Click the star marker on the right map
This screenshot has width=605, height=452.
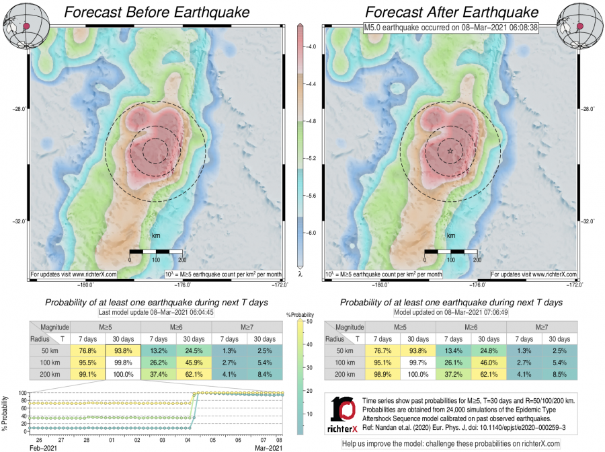pyautogui.click(x=450, y=151)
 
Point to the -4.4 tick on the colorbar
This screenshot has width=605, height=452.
pyautogui.click(x=311, y=84)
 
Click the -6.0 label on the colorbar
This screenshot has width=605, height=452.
pyautogui.click(x=311, y=232)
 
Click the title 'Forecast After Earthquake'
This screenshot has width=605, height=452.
pyautogui.click(x=451, y=12)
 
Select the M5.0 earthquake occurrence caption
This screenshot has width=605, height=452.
pyautogui.click(x=450, y=28)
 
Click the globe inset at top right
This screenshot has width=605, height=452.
pyautogui.click(x=582, y=23)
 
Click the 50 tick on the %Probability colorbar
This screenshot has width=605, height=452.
pyautogui.click(x=307, y=322)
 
